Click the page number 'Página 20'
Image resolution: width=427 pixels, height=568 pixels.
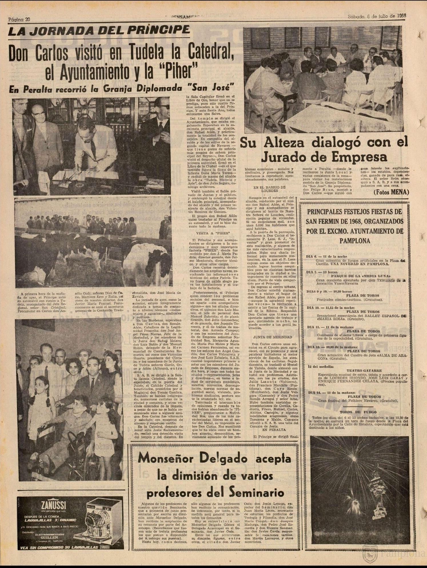coord(19,20)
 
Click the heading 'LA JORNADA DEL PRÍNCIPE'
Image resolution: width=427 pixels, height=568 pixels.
coord(99,31)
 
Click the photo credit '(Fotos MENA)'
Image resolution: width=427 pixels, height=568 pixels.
coord(391,192)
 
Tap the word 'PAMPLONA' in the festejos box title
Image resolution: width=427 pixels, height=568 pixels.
coord(355,241)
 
